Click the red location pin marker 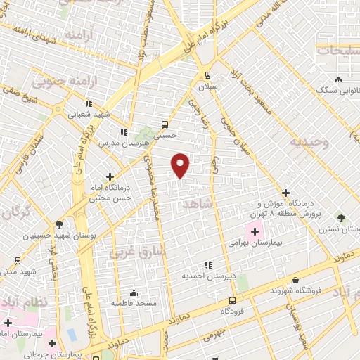181,165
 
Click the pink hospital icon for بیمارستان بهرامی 253,229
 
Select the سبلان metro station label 207,86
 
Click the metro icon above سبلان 207,75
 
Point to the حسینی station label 169,134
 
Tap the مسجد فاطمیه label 133,303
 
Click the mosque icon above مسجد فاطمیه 133,292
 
